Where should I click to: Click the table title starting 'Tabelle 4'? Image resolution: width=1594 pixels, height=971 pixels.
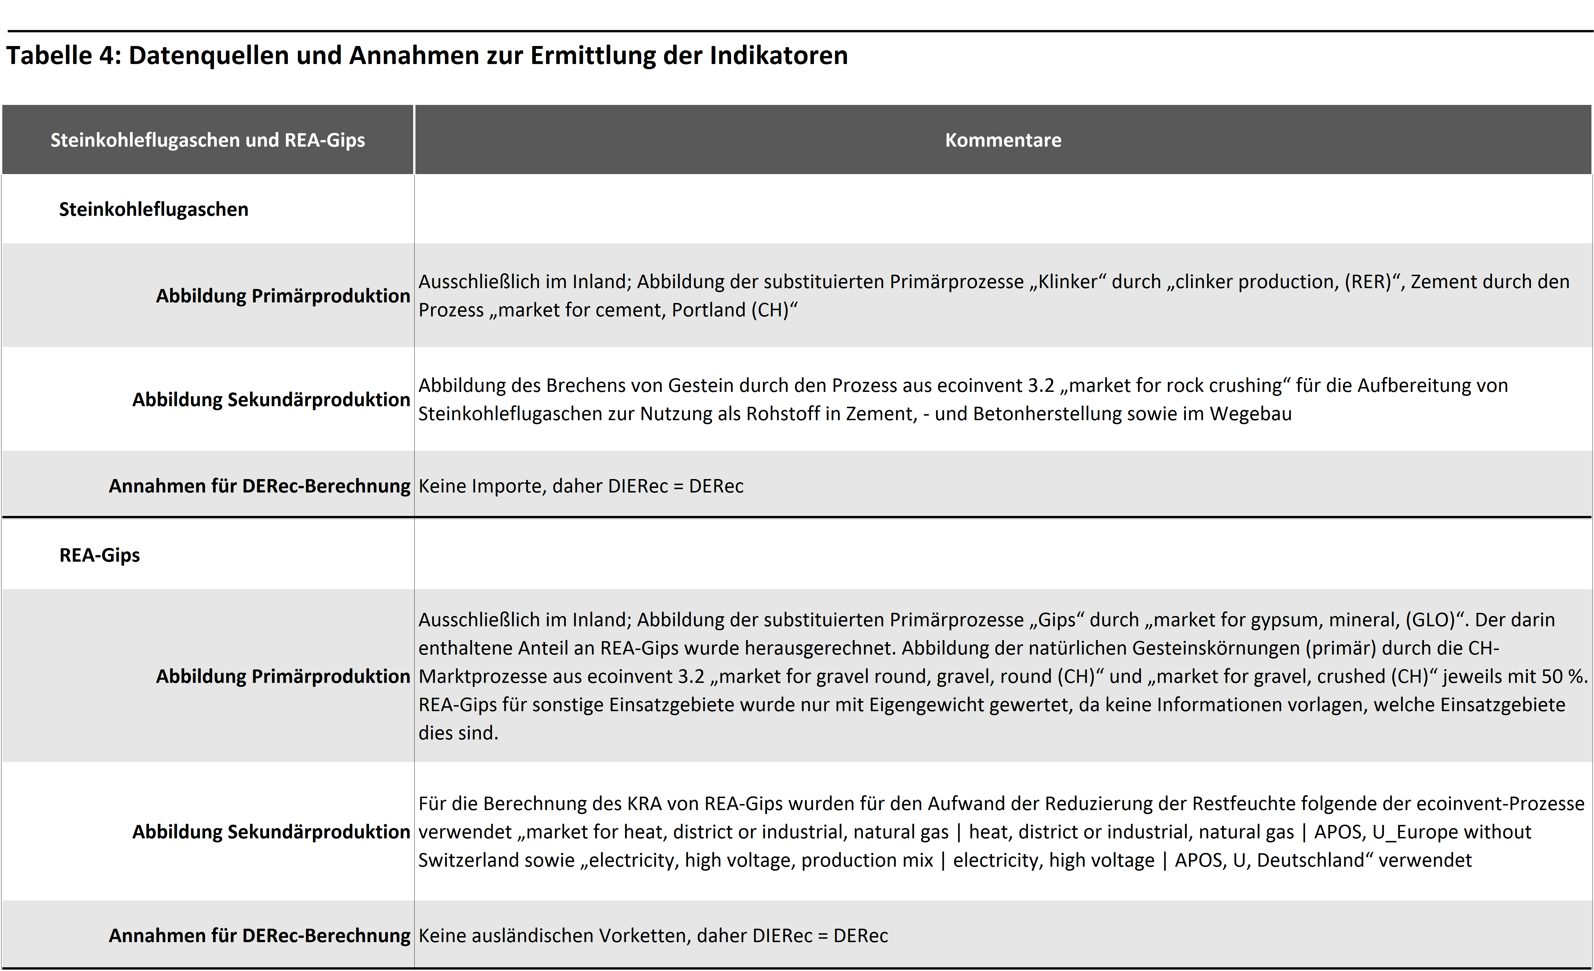[427, 56]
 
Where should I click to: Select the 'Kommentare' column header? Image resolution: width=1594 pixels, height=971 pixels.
[1003, 140]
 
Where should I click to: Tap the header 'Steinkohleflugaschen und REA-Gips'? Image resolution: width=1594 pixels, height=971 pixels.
[208, 140]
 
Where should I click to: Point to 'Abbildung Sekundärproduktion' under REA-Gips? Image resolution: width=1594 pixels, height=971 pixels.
[271, 831]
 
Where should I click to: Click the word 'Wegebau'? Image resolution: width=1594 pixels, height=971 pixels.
[1250, 414]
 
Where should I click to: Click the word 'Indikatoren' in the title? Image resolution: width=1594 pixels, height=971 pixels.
[778, 56]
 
